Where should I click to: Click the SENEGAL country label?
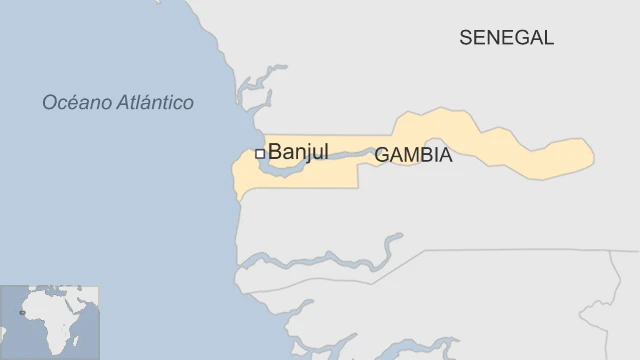(x=506, y=38)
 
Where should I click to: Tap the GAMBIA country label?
(x=413, y=156)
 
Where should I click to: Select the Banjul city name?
(x=298, y=152)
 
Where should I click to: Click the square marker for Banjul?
(x=260, y=153)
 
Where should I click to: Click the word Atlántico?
(x=157, y=102)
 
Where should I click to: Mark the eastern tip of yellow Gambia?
(x=592, y=154)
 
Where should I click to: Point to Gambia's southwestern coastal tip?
(x=238, y=196)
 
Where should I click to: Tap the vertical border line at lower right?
(x=611, y=300)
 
